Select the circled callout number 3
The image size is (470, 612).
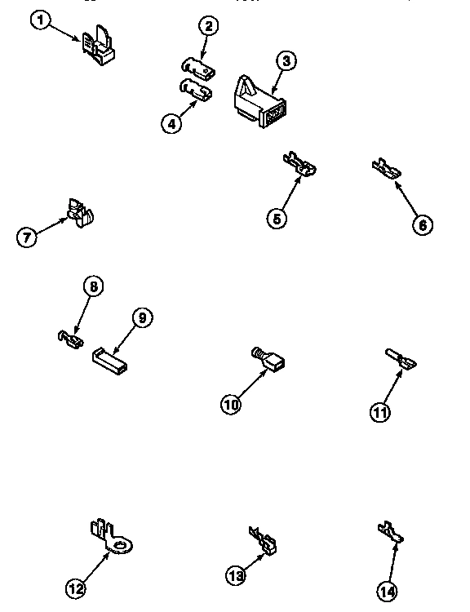pos(284,60)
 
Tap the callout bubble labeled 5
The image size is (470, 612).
pos(278,218)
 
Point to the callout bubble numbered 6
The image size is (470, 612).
pos(421,225)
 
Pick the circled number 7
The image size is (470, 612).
pos(28,237)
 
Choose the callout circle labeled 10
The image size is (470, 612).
pos(232,403)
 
